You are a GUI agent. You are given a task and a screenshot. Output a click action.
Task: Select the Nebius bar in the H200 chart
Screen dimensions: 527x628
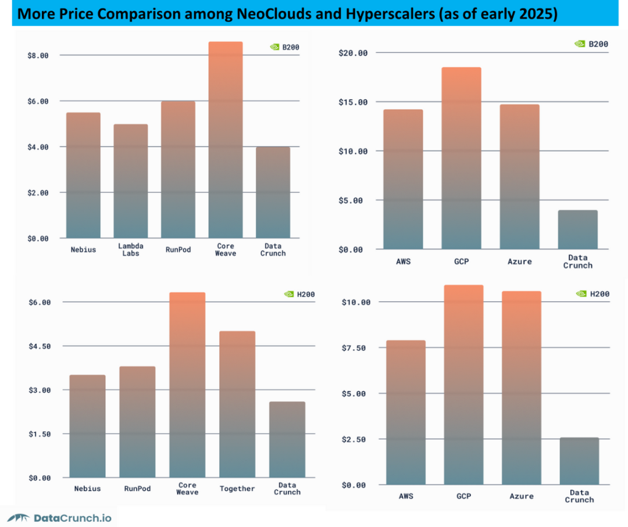(x=87, y=426)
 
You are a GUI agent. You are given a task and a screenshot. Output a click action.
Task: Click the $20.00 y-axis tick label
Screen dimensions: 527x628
(x=353, y=53)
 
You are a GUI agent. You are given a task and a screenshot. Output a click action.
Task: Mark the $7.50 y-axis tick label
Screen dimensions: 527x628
(x=353, y=348)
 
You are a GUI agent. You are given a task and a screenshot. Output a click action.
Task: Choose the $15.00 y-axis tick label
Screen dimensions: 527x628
(x=353, y=102)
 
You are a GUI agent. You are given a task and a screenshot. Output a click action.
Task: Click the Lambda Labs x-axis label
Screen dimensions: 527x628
(x=131, y=250)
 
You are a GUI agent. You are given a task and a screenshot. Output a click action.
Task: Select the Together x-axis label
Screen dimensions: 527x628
(x=237, y=489)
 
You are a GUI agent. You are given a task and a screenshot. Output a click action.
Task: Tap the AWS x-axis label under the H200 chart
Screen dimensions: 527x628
(x=406, y=496)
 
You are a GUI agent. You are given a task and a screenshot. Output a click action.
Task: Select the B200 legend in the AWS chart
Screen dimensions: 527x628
(x=591, y=44)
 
